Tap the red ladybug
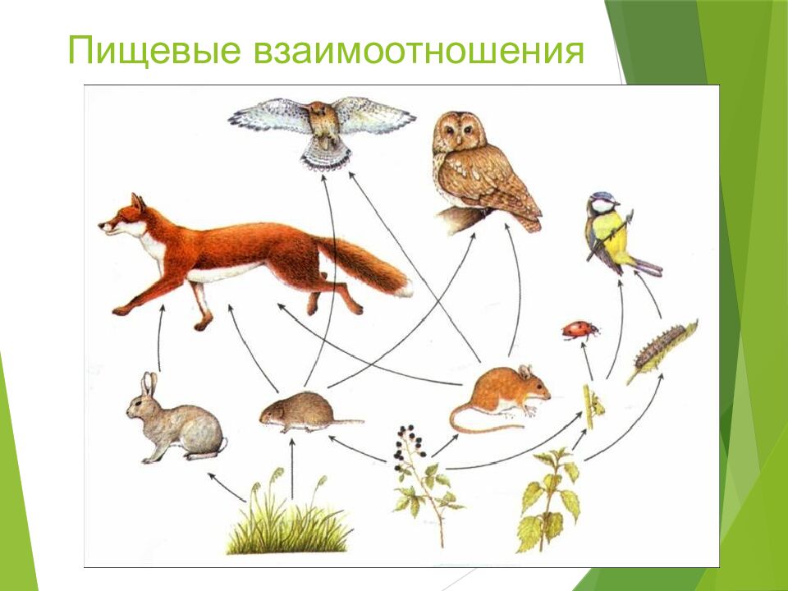pos(580,330)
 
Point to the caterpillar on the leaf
pos(662,350)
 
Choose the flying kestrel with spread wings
pos(323,127)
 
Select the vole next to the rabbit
pos(303,410)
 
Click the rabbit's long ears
pos(149,384)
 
